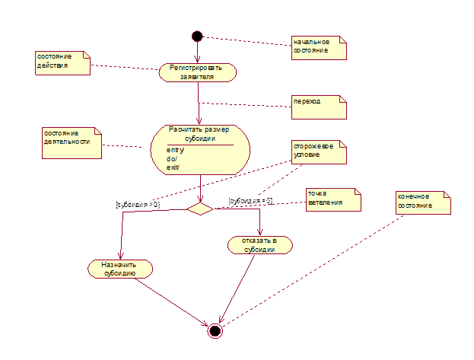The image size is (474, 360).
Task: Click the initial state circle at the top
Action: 197,36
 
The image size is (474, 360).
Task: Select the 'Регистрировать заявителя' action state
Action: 198,72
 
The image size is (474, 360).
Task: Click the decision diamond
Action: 199,208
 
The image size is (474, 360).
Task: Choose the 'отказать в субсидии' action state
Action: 260,244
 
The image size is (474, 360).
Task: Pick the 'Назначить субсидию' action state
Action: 120,268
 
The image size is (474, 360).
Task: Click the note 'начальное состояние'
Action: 319,47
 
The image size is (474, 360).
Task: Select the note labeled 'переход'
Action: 319,106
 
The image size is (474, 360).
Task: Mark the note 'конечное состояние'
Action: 422,202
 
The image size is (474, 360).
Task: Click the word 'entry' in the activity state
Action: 175,150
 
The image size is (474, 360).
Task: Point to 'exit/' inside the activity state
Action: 173,167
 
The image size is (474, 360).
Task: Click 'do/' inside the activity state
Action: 172,158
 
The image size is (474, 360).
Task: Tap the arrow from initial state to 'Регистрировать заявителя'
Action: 197,53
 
